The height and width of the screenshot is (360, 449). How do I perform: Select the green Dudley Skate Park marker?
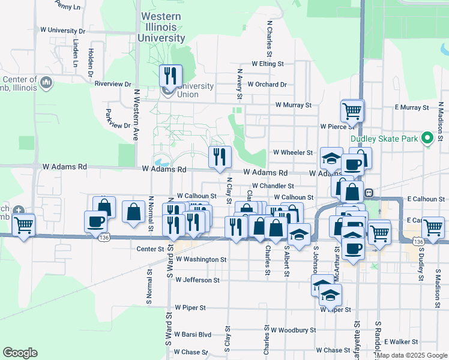point(427,139)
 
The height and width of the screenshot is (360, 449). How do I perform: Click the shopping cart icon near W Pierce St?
point(352,110)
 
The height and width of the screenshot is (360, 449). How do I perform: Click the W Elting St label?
point(268,63)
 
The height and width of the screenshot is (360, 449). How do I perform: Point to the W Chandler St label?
point(273,186)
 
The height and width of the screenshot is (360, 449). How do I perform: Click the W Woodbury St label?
point(293,330)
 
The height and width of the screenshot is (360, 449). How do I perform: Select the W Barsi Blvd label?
point(193,335)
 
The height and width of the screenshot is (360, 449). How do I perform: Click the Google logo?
point(20,353)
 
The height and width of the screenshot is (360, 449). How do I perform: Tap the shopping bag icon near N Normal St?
point(133,212)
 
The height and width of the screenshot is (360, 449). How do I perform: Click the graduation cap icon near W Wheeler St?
point(331,158)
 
